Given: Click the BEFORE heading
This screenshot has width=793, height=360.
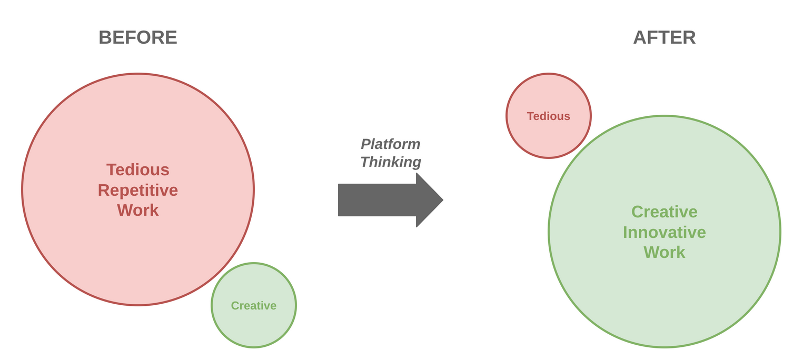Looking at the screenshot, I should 138,37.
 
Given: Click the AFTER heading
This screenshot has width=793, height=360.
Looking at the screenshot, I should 664,37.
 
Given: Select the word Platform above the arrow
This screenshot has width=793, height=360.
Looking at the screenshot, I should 390,144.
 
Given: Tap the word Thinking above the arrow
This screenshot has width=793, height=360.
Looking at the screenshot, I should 390,162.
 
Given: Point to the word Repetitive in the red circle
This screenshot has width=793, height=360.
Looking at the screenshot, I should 138,190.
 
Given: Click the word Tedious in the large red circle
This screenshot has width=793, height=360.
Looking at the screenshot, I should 138,169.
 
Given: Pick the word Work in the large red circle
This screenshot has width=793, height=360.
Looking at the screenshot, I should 138,210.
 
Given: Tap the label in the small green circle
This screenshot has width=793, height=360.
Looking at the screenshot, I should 254,305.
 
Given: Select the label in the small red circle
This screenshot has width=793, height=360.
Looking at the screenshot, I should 548,116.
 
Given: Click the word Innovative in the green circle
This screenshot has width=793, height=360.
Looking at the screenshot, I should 664,232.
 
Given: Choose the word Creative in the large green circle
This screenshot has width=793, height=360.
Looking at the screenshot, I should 664,212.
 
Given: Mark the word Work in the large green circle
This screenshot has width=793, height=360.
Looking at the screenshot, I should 664,252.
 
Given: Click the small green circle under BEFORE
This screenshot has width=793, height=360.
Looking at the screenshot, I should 254,326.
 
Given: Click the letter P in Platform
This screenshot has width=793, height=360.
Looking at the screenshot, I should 365,144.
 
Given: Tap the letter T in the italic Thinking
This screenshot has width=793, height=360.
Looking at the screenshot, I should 365,162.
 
